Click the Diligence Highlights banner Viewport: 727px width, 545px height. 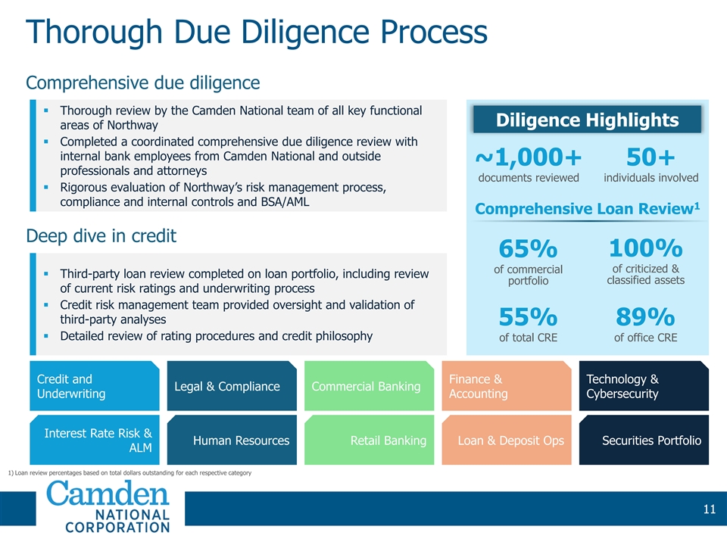(587, 120)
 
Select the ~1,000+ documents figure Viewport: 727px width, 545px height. (529, 157)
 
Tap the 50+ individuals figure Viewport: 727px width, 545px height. (651, 157)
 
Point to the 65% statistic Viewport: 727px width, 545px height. (528, 249)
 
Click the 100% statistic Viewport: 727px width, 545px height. (645, 248)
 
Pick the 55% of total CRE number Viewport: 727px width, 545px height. (528, 316)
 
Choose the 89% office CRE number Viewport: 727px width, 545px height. (645, 316)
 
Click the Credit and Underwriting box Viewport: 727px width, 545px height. (94, 386)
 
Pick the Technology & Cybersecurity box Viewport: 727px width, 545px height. (643, 386)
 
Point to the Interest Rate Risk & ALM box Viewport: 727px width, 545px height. (94, 440)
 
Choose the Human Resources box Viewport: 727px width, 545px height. (231, 440)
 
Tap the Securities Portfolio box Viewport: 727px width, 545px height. (643, 440)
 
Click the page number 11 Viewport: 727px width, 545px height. (708, 509)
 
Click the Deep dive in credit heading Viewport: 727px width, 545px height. (101, 235)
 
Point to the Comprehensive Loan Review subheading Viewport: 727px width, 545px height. (587, 207)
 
